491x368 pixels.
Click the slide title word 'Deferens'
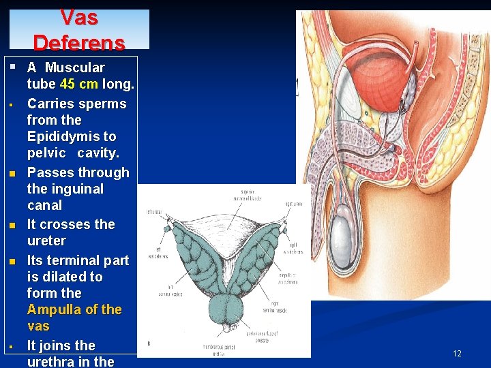(78, 43)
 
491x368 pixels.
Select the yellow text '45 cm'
(79, 85)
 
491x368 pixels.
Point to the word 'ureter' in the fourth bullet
(46, 241)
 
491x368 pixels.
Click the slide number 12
(457, 353)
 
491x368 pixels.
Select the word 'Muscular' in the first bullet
(74, 67)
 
